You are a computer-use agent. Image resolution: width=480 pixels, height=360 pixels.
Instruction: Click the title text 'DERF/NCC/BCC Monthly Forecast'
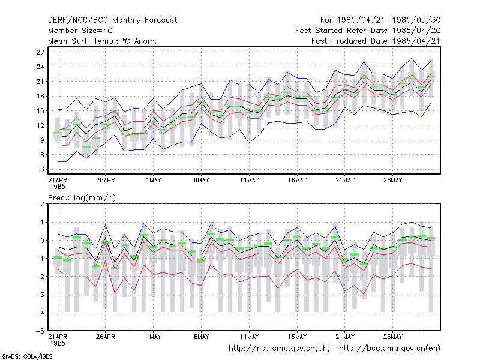point(112,20)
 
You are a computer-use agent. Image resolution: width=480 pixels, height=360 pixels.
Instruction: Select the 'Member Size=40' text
point(80,31)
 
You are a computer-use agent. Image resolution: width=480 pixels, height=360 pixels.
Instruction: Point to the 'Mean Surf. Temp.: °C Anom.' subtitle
point(103,41)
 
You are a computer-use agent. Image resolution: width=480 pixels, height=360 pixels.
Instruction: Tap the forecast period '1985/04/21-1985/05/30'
point(389,20)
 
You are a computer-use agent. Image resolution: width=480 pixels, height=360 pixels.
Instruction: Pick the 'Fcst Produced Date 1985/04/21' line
point(376,41)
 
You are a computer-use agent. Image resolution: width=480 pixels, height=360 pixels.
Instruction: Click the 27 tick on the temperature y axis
point(40,52)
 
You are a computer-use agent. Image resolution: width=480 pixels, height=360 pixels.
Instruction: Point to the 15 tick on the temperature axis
point(40,111)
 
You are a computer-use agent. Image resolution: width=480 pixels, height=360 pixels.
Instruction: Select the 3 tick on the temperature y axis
point(42,169)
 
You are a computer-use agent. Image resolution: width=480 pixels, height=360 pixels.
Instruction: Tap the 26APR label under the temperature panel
point(106,181)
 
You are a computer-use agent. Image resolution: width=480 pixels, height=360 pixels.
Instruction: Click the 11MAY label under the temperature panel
point(249,181)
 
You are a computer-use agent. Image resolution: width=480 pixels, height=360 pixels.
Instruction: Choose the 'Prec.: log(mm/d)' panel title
point(82,198)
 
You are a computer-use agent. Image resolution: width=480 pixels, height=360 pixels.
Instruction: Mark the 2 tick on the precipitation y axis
point(42,204)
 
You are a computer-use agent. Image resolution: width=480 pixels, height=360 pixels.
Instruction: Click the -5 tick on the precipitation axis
point(40,331)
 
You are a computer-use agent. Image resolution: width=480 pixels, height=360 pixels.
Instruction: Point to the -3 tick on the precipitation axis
point(40,295)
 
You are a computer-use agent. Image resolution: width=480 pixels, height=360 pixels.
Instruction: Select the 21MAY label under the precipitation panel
point(345,337)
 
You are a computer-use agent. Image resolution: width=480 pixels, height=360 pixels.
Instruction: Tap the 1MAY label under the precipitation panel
point(154,337)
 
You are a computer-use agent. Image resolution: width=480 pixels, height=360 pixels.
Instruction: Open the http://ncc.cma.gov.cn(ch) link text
point(279,349)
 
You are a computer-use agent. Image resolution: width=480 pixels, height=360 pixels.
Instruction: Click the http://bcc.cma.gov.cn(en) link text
point(389,349)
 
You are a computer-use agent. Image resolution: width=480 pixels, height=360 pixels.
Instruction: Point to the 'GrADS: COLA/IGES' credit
point(27,356)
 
